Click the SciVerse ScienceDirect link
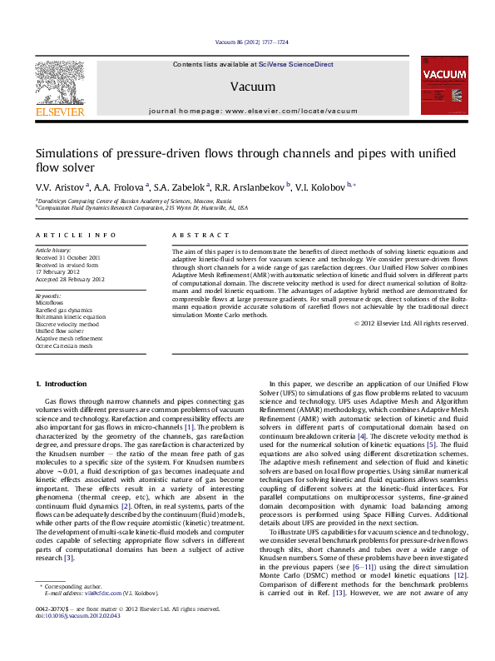click(x=295, y=64)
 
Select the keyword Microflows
click(x=51, y=303)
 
